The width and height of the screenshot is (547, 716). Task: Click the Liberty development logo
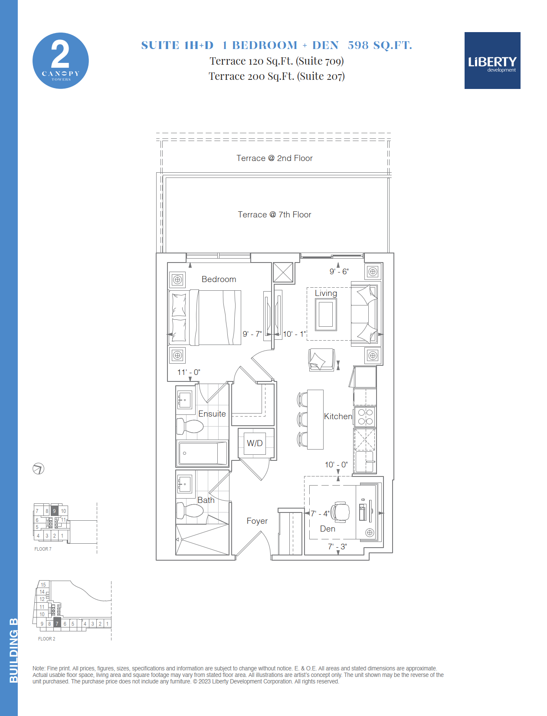point(492,60)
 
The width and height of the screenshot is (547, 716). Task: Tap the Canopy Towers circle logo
point(61,61)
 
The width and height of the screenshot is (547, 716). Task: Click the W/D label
point(255,443)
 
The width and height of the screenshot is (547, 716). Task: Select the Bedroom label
point(219,279)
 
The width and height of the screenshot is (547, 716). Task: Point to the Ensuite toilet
point(190,426)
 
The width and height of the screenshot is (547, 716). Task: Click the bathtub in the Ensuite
point(202,453)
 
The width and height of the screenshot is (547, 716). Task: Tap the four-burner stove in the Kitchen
point(365,417)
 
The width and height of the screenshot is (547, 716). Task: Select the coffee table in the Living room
point(326,314)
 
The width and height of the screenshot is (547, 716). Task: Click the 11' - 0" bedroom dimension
point(189,372)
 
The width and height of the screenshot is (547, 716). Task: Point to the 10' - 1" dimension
point(295,334)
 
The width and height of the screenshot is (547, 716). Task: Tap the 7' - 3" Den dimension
point(337,546)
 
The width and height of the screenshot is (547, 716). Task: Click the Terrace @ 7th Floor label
point(275,215)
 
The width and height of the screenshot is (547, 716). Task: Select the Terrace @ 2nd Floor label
point(275,158)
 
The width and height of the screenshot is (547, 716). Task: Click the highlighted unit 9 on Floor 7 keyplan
point(54,511)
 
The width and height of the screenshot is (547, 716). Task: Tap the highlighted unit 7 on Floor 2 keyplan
point(57,623)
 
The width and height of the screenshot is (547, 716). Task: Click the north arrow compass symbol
point(39,469)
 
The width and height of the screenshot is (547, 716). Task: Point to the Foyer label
point(257,521)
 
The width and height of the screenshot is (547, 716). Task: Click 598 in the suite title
point(358,45)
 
